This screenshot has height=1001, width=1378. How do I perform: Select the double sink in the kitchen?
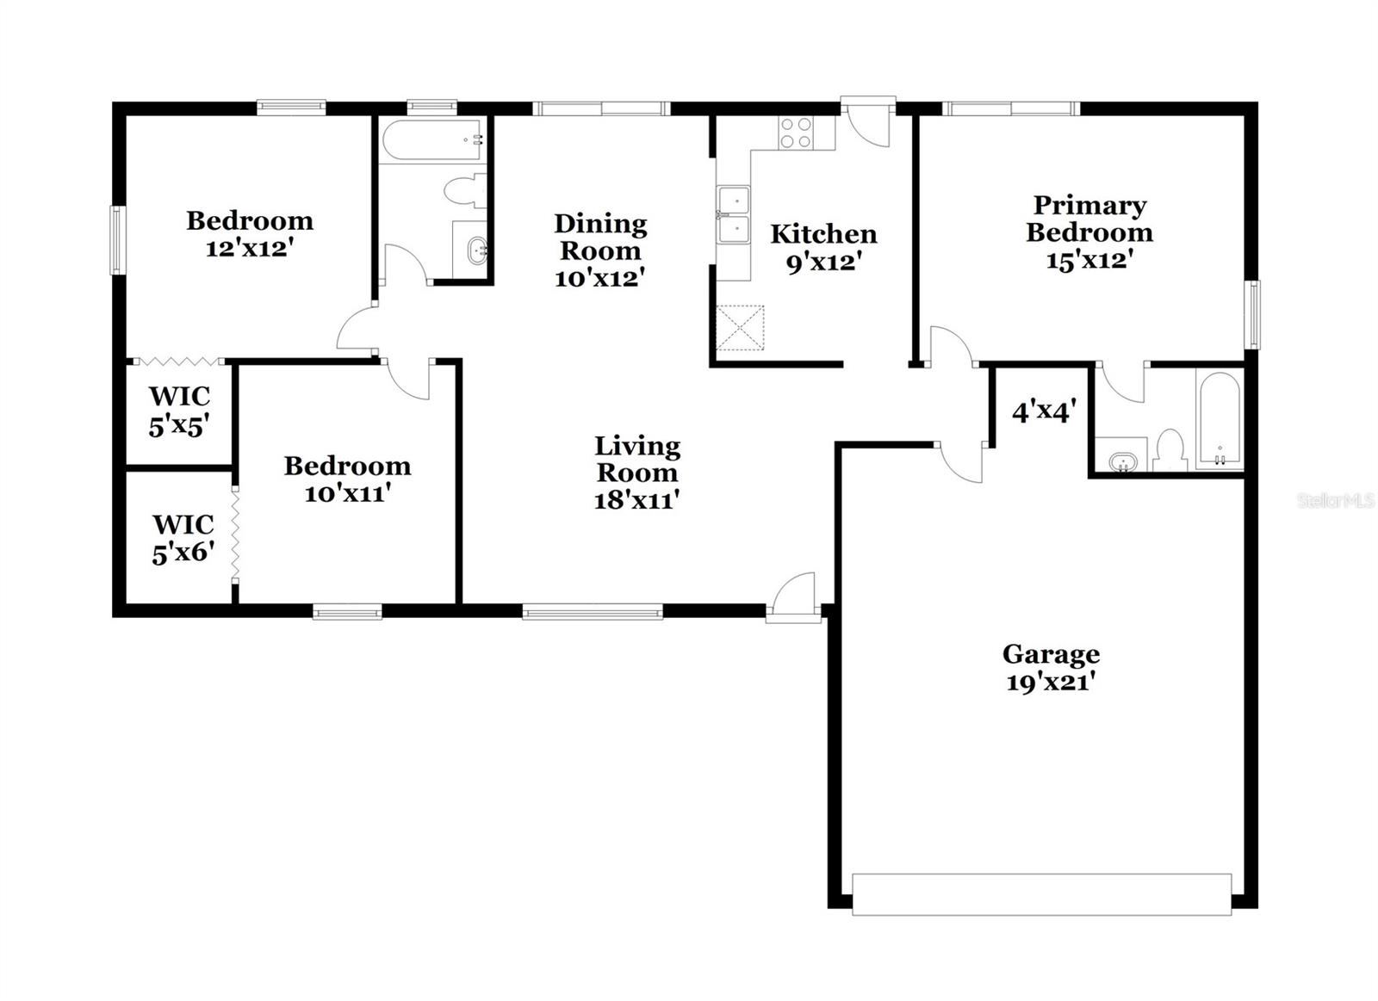(733, 215)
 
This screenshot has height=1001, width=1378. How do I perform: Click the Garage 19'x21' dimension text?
(1051, 683)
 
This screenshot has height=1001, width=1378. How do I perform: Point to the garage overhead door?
(1041, 893)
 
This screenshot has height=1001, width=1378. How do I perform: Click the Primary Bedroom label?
(1089, 219)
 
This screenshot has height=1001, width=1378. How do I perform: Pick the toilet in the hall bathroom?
(464, 190)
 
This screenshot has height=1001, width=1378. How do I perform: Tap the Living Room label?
(637, 459)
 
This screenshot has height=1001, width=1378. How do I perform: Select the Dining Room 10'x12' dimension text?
(600, 278)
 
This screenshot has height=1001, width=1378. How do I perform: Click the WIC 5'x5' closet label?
(179, 411)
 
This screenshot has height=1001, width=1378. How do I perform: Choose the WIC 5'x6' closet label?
(183, 538)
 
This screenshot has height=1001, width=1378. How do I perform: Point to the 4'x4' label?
(1044, 412)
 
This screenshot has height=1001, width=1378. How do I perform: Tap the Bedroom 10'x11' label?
(348, 479)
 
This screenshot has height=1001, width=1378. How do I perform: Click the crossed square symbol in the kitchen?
(740, 328)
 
